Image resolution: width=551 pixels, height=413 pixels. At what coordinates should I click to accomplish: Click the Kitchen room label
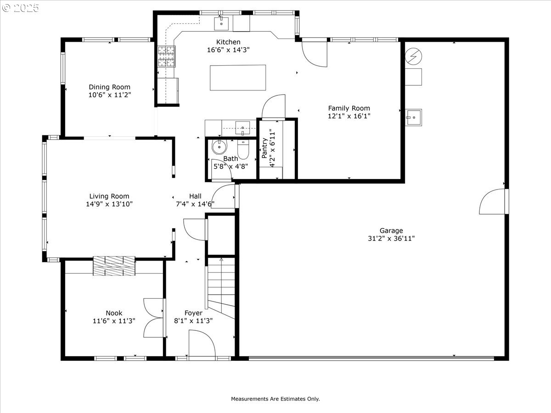click(228, 42)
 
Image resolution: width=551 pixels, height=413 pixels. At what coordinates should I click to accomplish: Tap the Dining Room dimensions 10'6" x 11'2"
click(110, 95)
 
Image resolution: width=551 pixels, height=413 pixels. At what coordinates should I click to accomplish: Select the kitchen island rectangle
click(238, 78)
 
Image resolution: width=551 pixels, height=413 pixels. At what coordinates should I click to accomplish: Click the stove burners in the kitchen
click(166, 56)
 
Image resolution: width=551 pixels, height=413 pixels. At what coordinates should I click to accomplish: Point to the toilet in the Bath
click(243, 150)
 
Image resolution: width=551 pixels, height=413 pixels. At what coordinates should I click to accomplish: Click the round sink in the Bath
click(219, 147)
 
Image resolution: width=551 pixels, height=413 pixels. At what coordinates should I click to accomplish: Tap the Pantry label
click(264, 148)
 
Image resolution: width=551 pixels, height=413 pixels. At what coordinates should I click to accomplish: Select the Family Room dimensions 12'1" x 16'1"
click(349, 116)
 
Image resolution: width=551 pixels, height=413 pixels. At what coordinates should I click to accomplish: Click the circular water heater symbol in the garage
click(413, 56)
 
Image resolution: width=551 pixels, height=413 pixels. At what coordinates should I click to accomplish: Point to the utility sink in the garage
click(413, 117)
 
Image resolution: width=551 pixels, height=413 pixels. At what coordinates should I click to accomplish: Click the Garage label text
click(391, 230)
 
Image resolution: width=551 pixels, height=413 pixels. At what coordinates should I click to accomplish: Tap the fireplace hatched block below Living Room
click(114, 266)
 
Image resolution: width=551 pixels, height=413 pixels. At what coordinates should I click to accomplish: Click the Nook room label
click(114, 313)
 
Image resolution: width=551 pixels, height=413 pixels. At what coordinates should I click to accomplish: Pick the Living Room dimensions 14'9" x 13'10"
click(109, 204)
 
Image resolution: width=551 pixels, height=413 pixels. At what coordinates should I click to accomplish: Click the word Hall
click(195, 196)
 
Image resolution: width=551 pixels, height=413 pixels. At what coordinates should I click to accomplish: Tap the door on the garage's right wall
click(494, 201)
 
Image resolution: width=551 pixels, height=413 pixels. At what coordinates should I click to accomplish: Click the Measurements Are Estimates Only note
click(275, 399)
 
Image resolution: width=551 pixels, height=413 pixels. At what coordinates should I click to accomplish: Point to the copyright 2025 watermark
click(20, 8)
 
